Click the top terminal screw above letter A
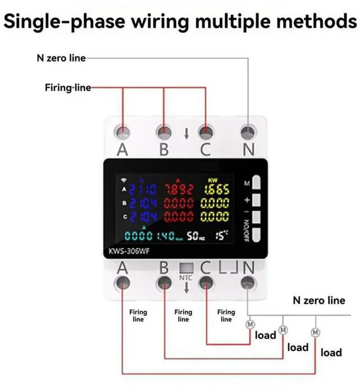point(122,132)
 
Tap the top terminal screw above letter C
point(206,132)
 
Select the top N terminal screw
point(247,132)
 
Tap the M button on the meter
point(257,182)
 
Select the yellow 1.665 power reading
point(216,190)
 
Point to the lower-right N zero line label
point(318,300)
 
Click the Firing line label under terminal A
point(138,315)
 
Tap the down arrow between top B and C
point(186,134)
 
